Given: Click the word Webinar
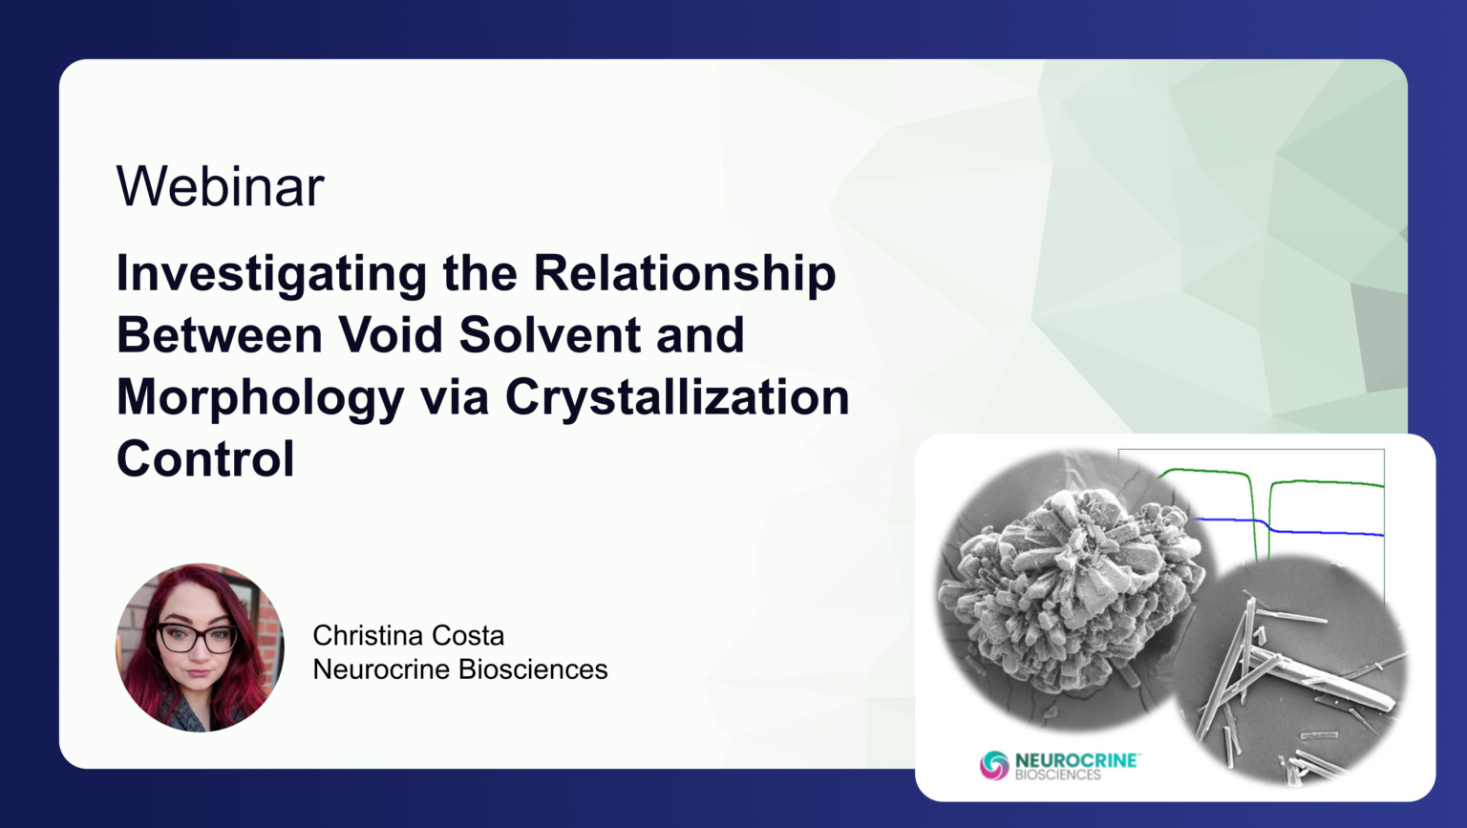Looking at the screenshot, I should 221,186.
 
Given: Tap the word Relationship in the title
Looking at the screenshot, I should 684,274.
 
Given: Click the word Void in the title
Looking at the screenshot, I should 391,335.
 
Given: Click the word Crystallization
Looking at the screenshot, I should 676,396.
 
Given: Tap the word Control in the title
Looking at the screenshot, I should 205,459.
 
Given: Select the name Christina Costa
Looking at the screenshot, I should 408,635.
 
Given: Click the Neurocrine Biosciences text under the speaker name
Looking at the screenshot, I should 459,669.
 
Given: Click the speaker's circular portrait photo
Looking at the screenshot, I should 200,648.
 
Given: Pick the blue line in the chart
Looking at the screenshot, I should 1328,532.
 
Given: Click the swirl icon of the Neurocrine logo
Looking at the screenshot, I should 994,765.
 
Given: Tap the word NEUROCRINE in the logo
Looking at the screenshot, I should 1075,760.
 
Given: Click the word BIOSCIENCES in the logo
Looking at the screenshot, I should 1057,775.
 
